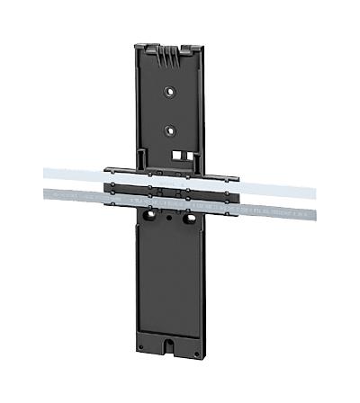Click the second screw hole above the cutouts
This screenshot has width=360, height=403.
(169, 129)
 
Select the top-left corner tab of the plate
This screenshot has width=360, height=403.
(140, 47)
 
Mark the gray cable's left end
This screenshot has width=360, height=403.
(44, 195)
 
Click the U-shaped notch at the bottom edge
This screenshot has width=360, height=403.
(169, 345)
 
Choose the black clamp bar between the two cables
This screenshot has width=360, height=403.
(171, 190)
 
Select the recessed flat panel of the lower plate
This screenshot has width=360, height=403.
(169, 279)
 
